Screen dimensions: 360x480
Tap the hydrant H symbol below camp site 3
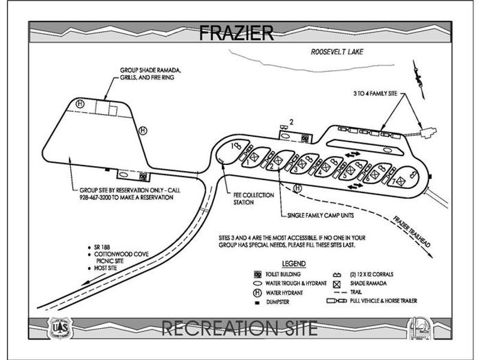click(x=298, y=187)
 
